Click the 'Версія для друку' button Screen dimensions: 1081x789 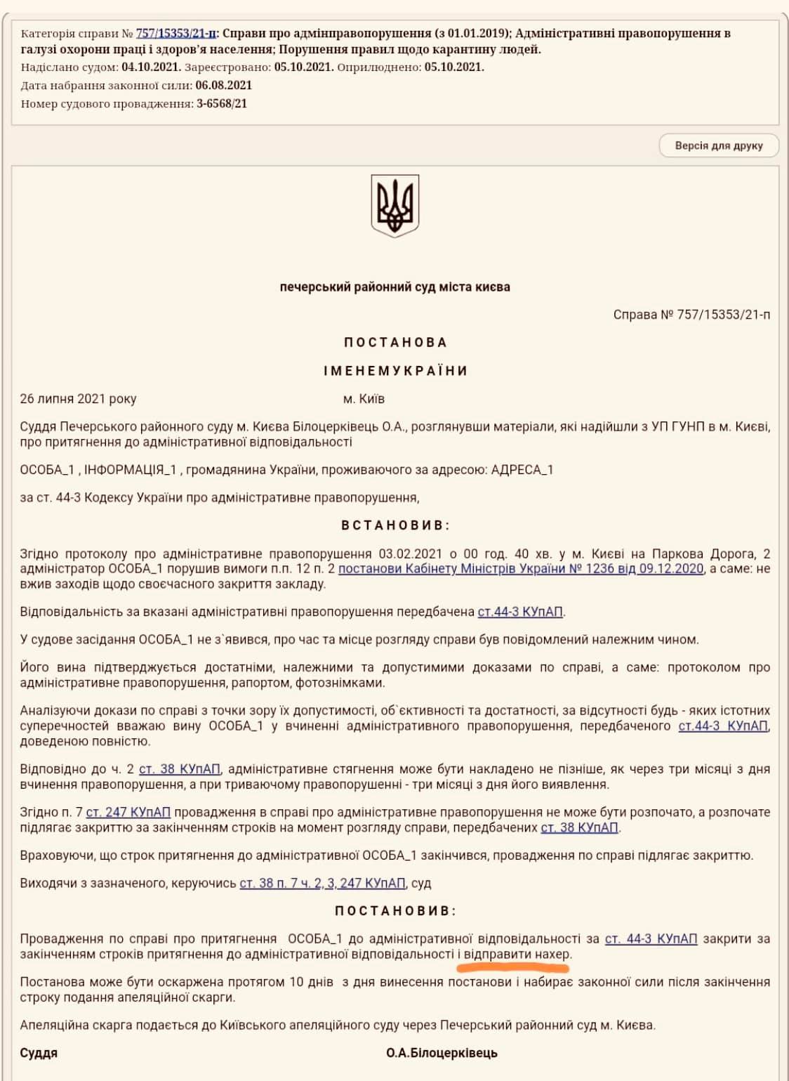718,145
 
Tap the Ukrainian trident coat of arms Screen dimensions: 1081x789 394,205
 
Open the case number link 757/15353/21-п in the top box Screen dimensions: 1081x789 175,33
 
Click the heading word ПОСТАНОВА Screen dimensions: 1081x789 395,343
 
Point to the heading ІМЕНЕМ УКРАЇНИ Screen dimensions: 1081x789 395,371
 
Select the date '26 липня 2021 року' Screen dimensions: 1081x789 78,399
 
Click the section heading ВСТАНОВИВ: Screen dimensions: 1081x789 395,525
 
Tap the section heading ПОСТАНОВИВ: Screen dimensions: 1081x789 395,911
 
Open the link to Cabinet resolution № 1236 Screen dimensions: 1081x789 521,569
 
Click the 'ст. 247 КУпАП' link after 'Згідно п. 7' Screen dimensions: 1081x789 128,813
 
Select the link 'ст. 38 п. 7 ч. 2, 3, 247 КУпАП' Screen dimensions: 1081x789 322,883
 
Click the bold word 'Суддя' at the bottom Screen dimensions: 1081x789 39,1053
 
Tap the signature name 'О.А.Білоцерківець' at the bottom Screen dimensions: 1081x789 442,1053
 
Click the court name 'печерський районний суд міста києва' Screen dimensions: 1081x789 394,287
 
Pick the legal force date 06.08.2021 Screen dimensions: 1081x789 223,86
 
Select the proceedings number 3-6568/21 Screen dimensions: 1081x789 221,104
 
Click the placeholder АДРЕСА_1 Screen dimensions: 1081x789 522,470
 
